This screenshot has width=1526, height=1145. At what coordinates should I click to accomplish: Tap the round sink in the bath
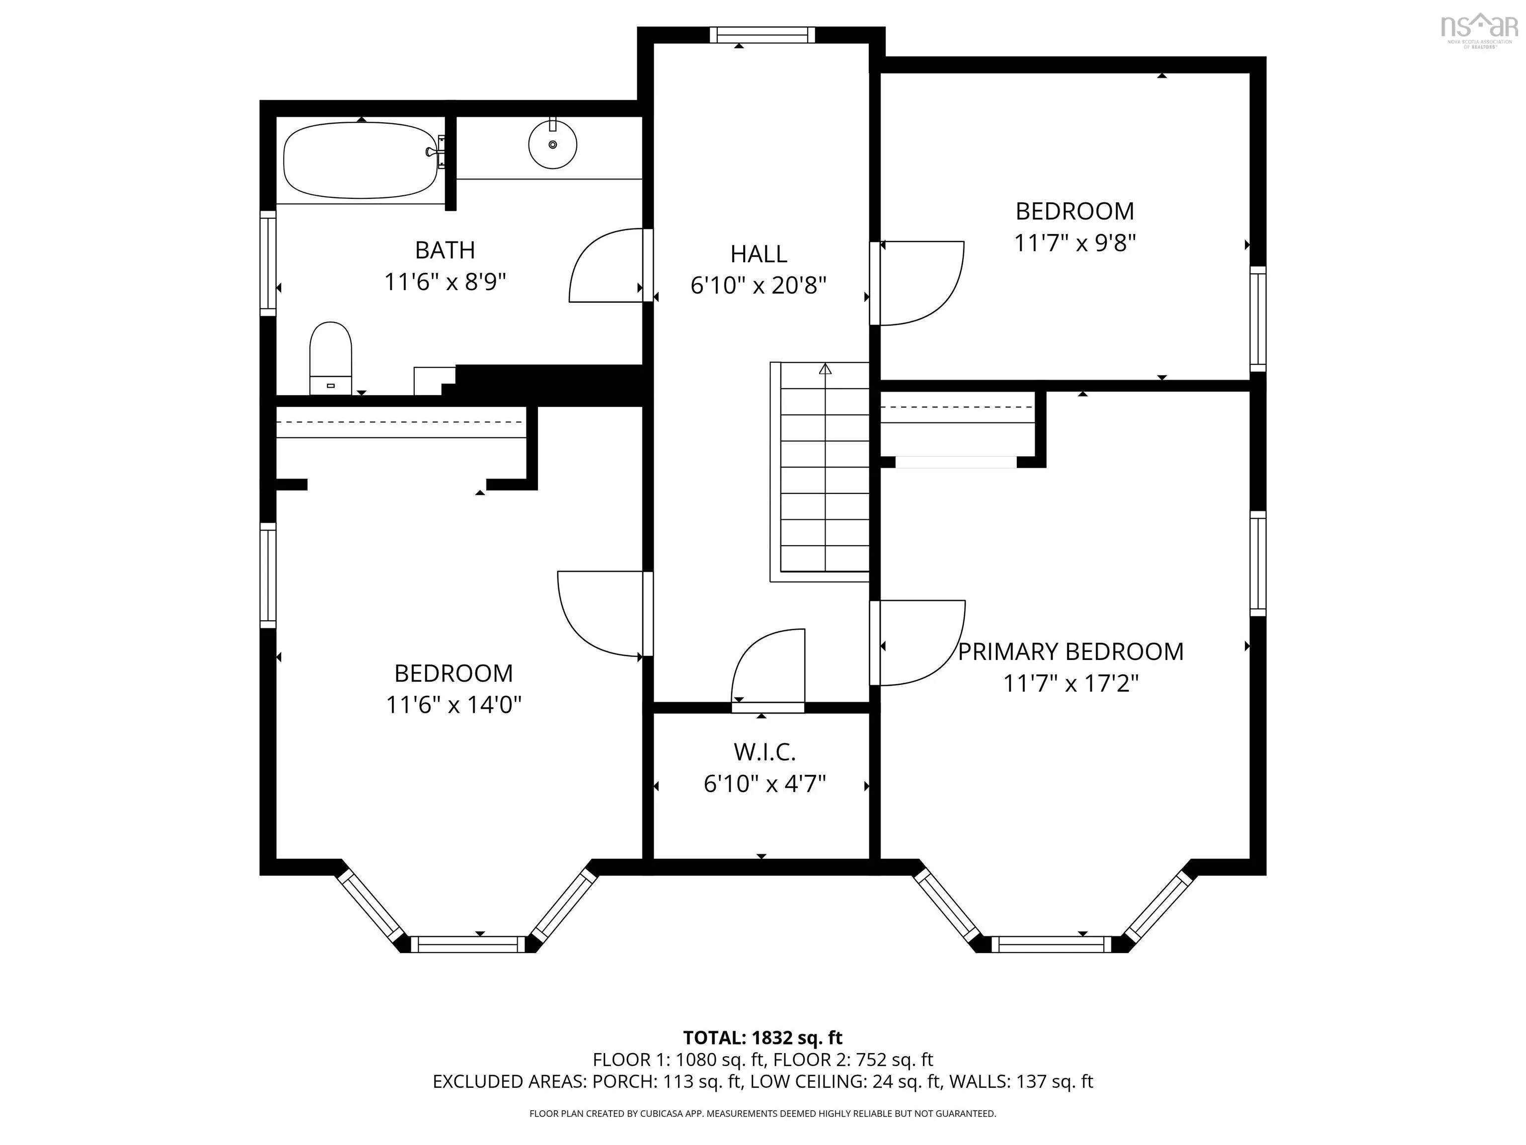552,144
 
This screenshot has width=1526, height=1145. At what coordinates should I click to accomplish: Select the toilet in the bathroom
330,358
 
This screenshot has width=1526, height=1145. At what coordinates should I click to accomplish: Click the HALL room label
759,254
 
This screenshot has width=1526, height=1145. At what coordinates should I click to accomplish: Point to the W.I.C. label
764,751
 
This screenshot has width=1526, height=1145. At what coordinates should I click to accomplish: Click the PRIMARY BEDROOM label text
1070,652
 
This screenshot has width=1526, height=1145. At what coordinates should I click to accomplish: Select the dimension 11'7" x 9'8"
1075,243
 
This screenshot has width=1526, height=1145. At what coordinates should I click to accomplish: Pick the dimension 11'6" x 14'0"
453,705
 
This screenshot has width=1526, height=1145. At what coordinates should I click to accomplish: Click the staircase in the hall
820,472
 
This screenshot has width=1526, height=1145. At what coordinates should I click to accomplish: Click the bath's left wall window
268,263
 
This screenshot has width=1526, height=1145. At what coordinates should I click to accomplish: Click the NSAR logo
1480,30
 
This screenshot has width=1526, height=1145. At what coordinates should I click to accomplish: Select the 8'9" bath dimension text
484,282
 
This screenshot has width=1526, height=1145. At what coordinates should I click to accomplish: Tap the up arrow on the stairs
825,369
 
